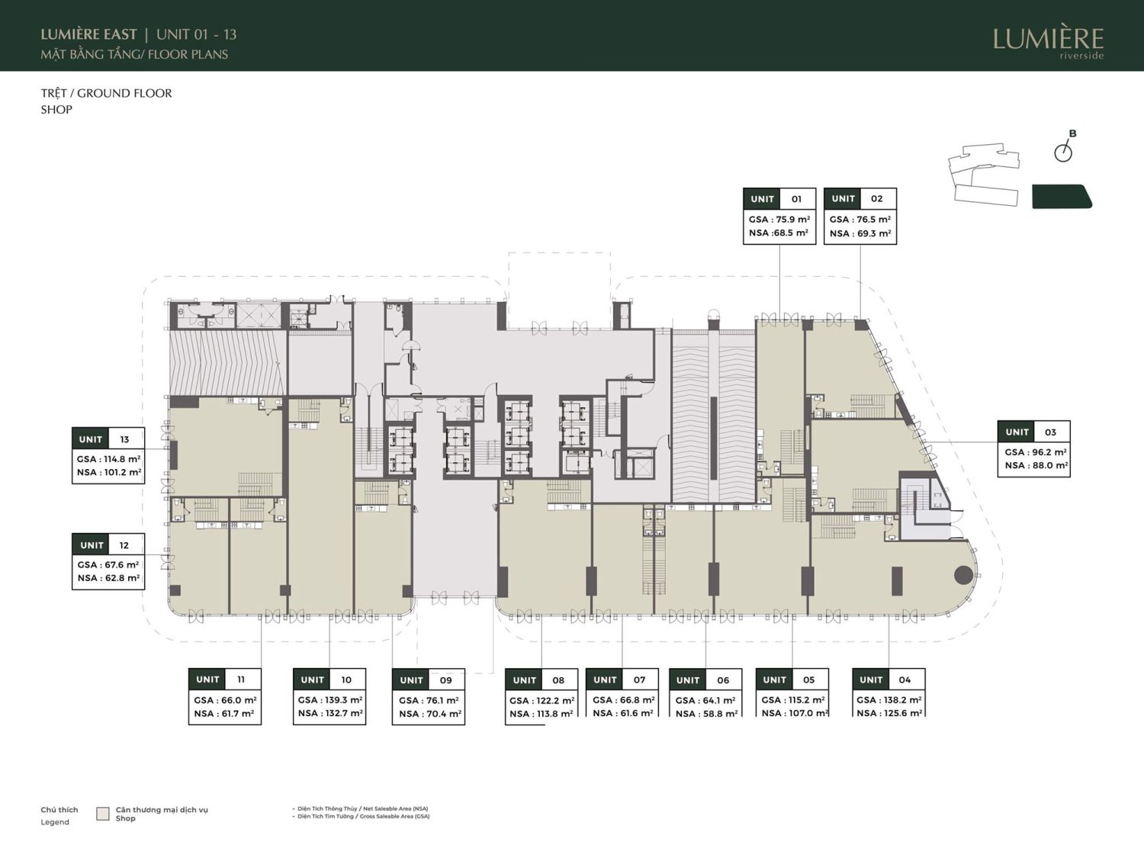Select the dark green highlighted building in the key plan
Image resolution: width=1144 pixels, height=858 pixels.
(x=1062, y=197)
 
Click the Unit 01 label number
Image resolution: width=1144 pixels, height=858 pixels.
(x=796, y=199)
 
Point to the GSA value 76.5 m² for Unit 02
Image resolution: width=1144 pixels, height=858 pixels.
(x=860, y=220)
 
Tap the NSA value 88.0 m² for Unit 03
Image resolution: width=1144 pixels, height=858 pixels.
(x=1036, y=465)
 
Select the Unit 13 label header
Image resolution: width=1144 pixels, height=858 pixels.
(x=108, y=439)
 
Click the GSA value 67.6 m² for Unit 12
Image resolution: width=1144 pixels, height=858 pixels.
(x=108, y=564)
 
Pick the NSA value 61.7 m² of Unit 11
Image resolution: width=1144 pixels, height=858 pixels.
(x=224, y=713)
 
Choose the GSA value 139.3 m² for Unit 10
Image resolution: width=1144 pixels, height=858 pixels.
(x=330, y=700)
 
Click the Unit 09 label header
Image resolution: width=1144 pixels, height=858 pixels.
(x=428, y=680)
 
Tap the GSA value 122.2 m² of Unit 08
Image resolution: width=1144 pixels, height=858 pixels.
(x=542, y=701)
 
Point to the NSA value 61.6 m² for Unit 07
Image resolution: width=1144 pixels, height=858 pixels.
(x=623, y=713)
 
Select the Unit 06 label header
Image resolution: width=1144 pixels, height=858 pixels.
(x=705, y=680)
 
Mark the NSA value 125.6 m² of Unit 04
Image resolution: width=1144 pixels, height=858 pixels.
(x=889, y=713)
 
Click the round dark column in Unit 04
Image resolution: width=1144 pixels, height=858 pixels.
(x=963, y=576)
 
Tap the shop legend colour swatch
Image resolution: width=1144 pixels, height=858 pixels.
(x=103, y=814)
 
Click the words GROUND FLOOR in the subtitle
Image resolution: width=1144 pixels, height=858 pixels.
(x=124, y=93)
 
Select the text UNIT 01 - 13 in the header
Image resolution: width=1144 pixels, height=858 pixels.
(x=197, y=35)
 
